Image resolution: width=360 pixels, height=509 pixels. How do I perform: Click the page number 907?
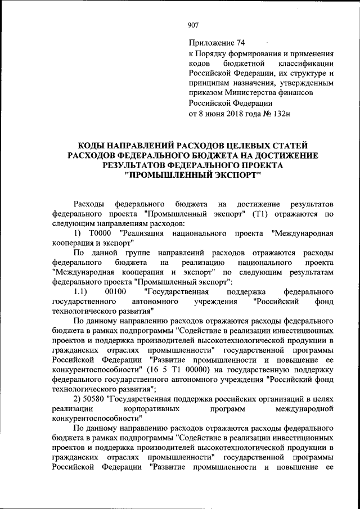(193, 24)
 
